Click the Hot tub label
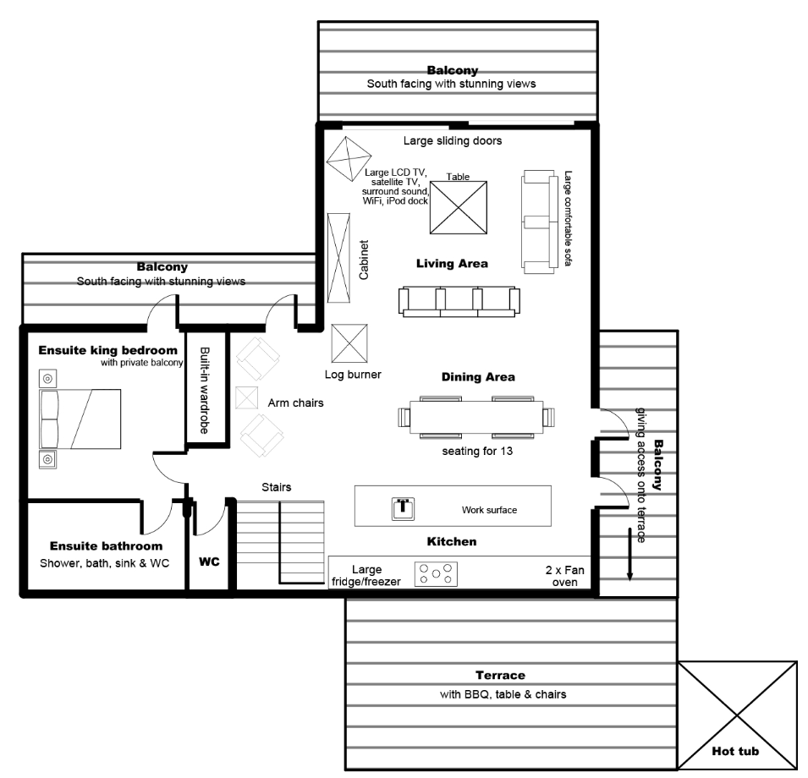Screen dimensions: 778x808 [x=735, y=751]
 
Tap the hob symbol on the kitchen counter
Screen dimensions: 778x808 [x=436, y=574]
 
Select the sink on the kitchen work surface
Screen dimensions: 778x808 [x=404, y=508]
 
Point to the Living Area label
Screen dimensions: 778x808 [x=452, y=264]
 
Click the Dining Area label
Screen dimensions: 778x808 [x=478, y=377]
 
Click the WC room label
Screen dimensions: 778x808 [x=209, y=562]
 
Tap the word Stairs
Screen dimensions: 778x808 [x=276, y=488]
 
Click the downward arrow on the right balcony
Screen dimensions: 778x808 [x=629, y=555]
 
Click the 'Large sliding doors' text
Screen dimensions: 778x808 [x=453, y=141]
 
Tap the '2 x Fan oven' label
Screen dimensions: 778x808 [x=559, y=575]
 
